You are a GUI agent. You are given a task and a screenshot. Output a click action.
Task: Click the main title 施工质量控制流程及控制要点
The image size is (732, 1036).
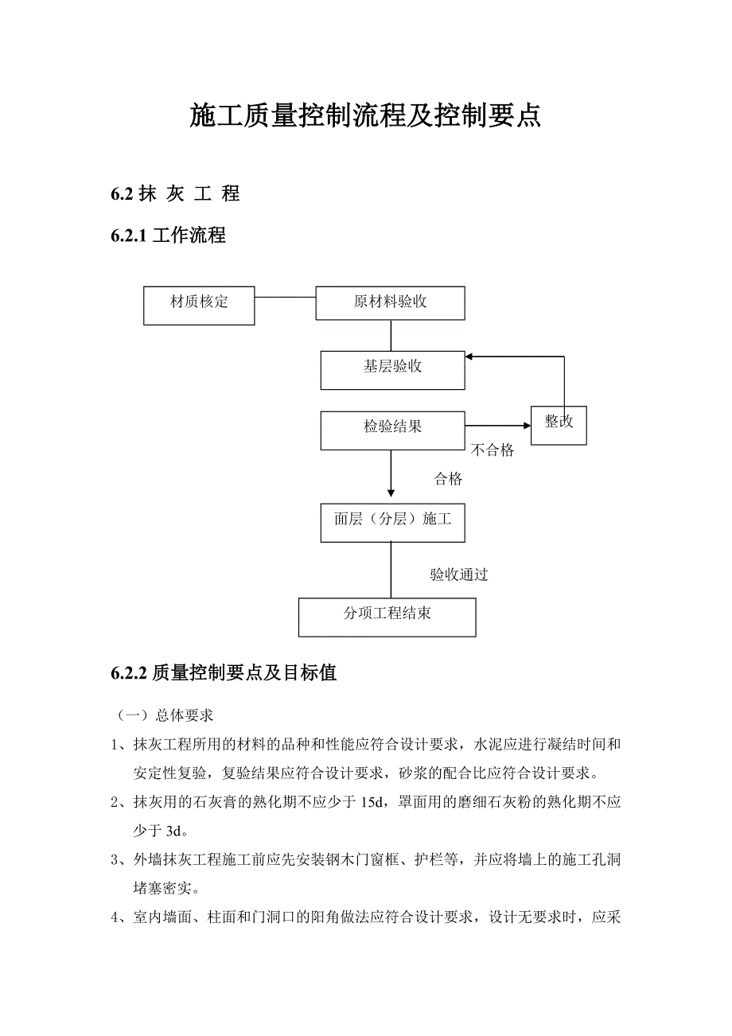(365, 116)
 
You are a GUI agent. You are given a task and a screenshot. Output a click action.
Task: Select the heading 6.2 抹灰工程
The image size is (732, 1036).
(175, 193)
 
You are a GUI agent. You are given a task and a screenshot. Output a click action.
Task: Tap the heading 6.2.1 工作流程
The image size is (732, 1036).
(168, 235)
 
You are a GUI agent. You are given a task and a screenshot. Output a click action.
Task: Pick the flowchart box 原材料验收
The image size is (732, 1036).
(391, 302)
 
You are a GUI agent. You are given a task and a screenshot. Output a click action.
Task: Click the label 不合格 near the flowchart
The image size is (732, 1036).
(493, 451)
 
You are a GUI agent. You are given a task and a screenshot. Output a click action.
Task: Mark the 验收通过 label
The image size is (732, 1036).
(459, 574)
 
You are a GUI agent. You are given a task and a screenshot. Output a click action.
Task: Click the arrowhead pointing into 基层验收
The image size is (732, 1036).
(471, 357)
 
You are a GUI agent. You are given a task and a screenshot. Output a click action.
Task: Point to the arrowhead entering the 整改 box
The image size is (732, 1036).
(525, 425)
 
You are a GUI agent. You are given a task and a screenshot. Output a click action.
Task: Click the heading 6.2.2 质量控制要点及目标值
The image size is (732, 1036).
(224, 672)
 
